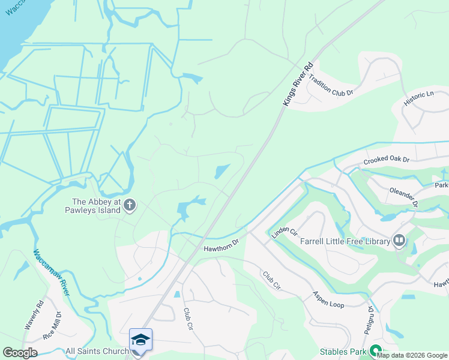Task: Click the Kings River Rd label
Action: click(x=298, y=84)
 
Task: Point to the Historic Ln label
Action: click(x=418, y=99)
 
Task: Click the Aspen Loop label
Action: click(x=328, y=299)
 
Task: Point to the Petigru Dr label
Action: click(x=370, y=321)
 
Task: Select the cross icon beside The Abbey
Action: click(x=130, y=206)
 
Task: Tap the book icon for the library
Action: click(x=399, y=241)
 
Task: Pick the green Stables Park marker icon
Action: click(x=376, y=350)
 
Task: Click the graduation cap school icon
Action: click(x=140, y=340)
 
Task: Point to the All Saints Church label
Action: click(x=97, y=351)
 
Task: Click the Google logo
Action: click(x=20, y=353)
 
